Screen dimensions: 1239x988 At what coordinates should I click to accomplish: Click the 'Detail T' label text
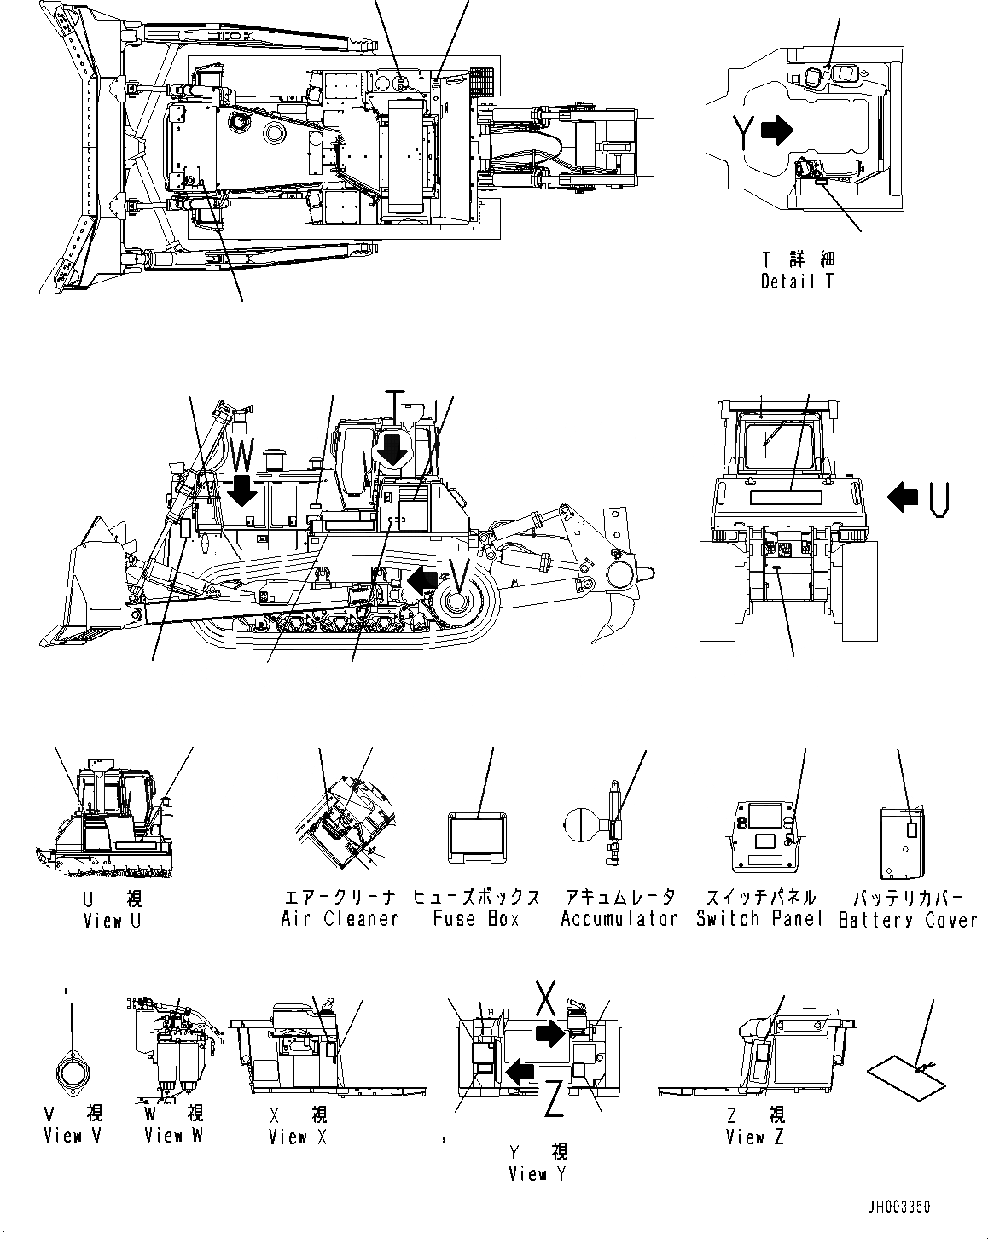(798, 281)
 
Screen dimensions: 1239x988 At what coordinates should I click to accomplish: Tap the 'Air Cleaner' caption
(340, 918)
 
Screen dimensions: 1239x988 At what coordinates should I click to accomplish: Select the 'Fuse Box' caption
(476, 918)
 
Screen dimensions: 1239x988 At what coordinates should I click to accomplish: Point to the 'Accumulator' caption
(619, 918)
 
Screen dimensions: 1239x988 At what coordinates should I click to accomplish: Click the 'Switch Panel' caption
(759, 918)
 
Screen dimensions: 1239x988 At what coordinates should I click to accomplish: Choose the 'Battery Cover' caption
(908, 919)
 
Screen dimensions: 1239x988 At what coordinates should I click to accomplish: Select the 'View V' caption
(73, 1136)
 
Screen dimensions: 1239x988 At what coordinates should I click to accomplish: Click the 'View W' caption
(174, 1135)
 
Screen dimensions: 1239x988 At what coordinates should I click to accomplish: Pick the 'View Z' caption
(756, 1137)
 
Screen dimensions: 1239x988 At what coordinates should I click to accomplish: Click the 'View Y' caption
(538, 1174)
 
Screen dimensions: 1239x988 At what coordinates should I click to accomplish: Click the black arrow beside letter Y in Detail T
(776, 130)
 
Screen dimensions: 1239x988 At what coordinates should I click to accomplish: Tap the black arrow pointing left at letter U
(902, 496)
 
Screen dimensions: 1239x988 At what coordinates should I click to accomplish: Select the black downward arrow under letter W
(242, 491)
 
